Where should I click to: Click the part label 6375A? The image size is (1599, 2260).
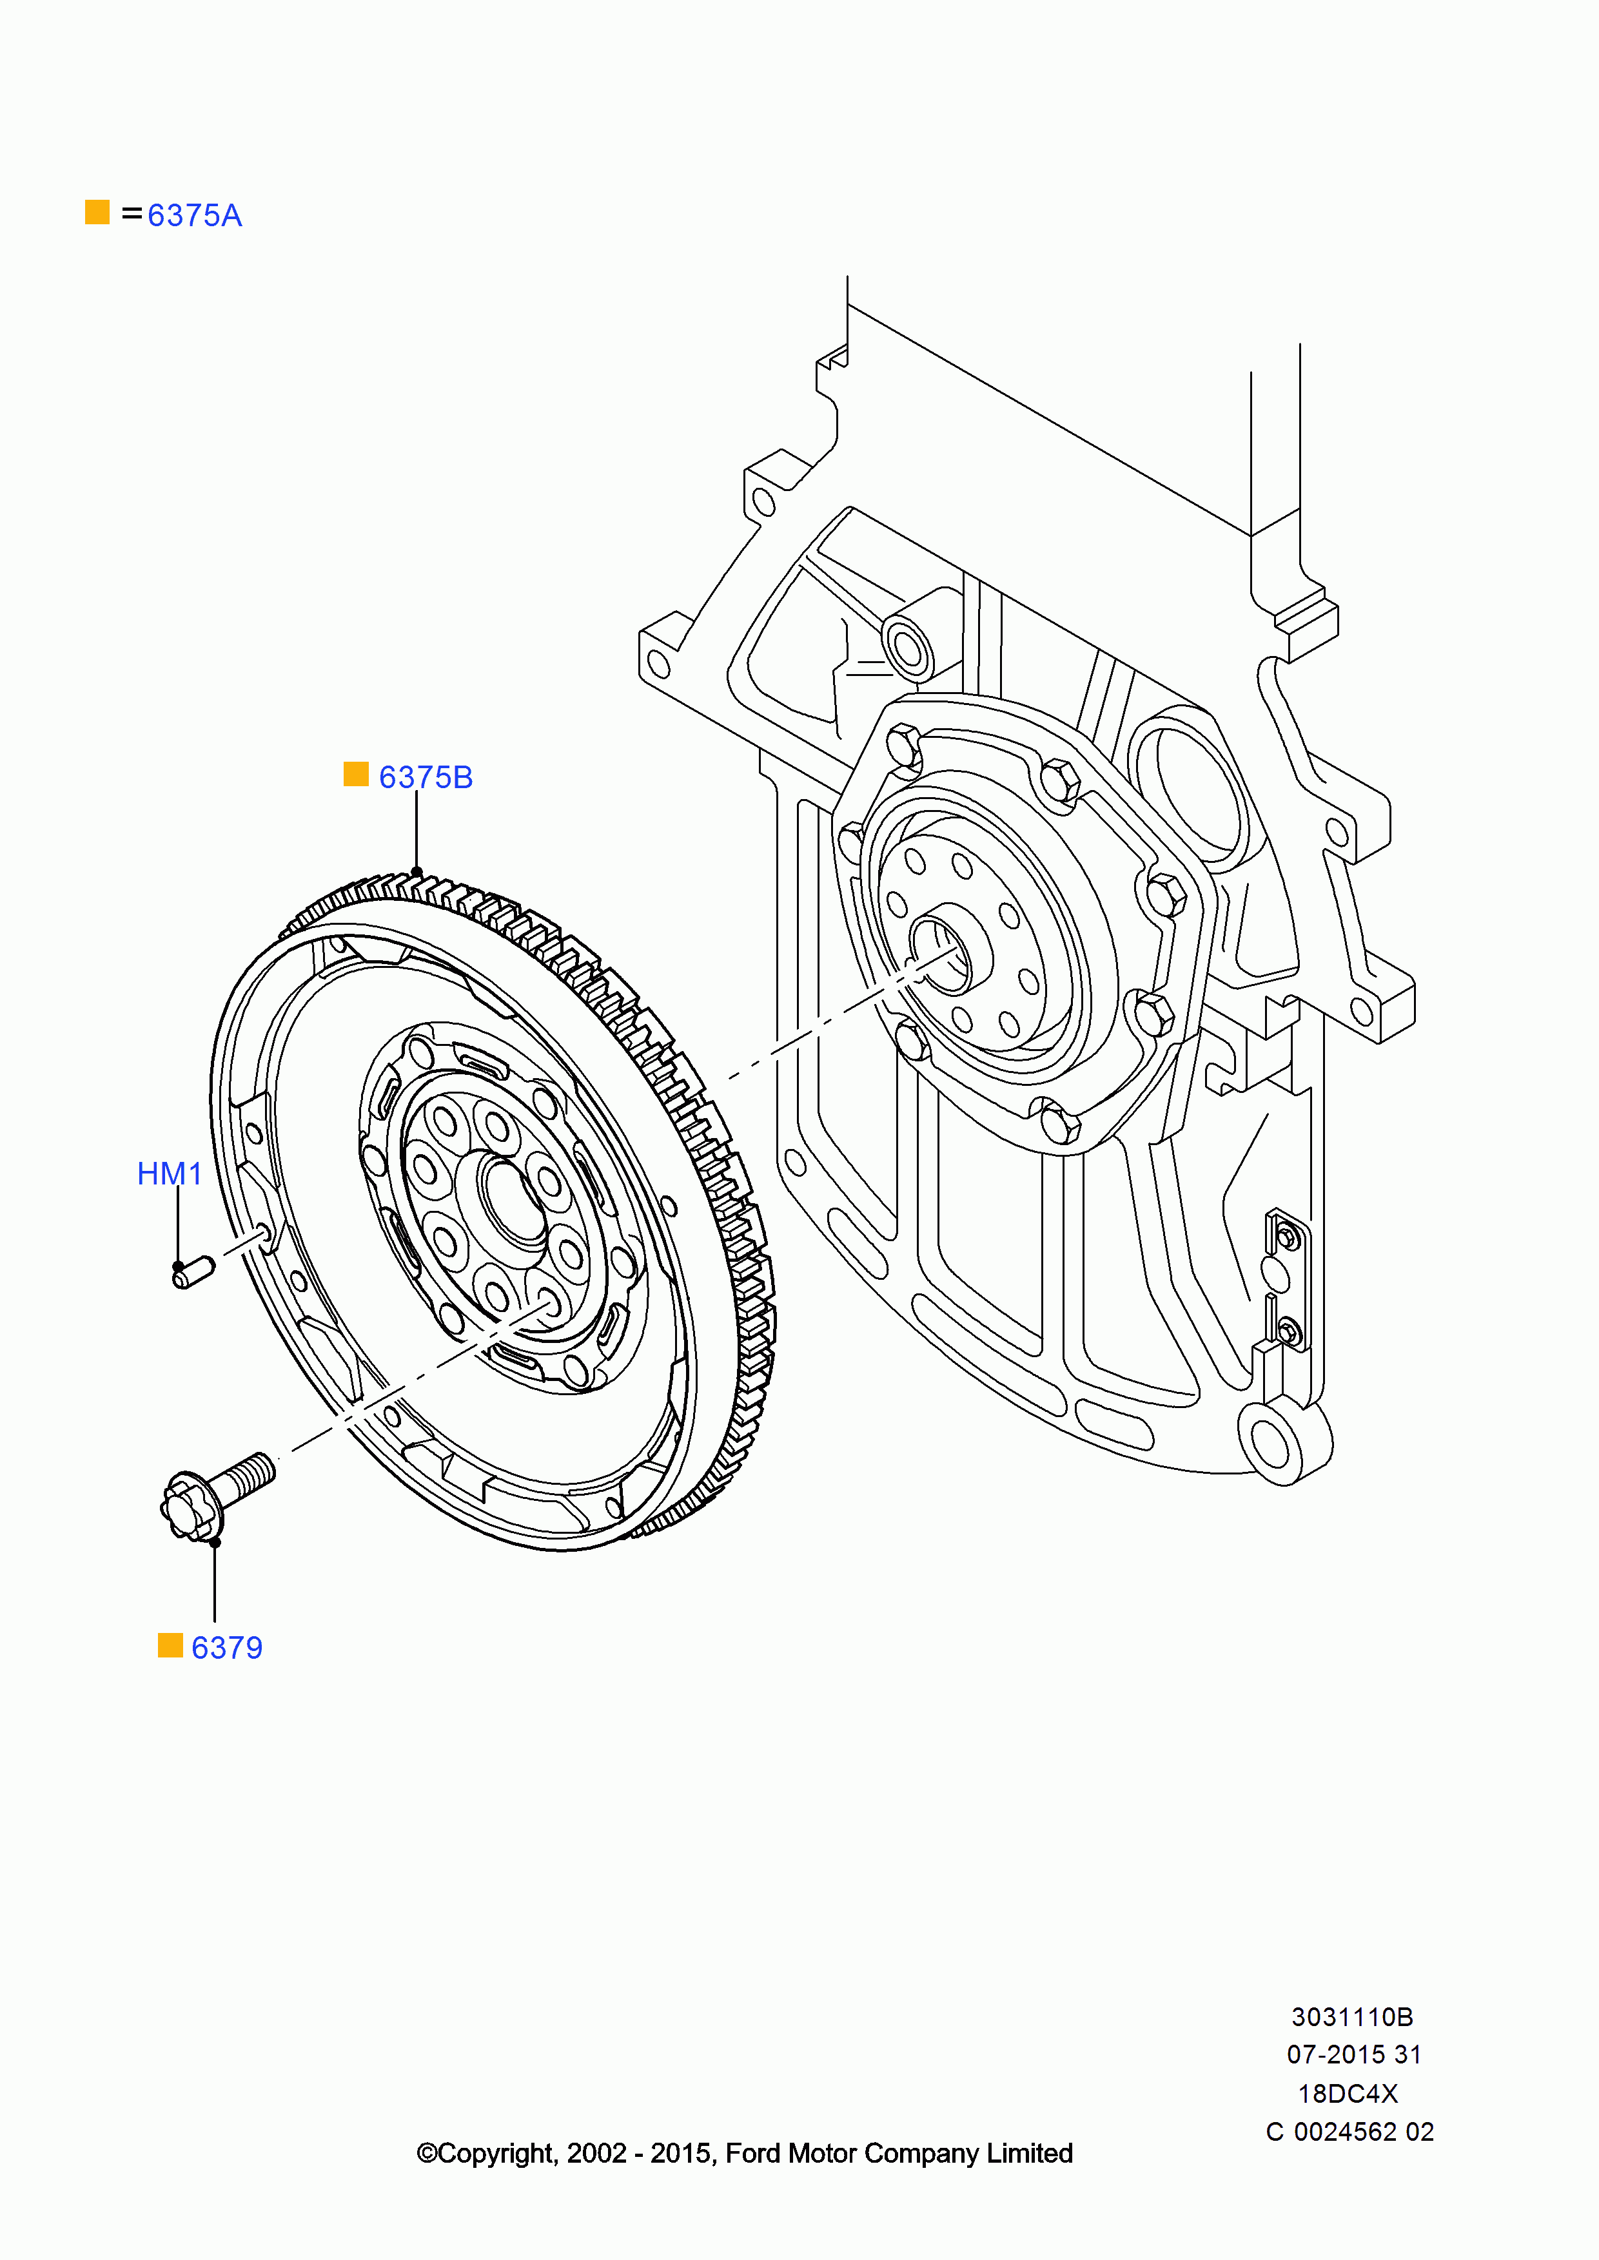[x=195, y=216]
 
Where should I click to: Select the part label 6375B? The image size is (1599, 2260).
[x=426, y=778]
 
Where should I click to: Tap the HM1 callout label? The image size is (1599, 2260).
[x=170, y=1173]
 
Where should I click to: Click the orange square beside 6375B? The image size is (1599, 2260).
[x=355, y=775]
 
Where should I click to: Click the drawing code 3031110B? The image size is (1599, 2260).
[x=1352, y=2017]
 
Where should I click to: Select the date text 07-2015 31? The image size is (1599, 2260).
[x=1354, y=2054]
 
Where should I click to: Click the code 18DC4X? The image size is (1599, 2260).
[x=1348, y=2094]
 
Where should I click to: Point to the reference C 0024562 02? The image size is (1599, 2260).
[x=1350, y=2131]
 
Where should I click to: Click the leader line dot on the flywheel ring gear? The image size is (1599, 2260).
[x=417, y=871]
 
